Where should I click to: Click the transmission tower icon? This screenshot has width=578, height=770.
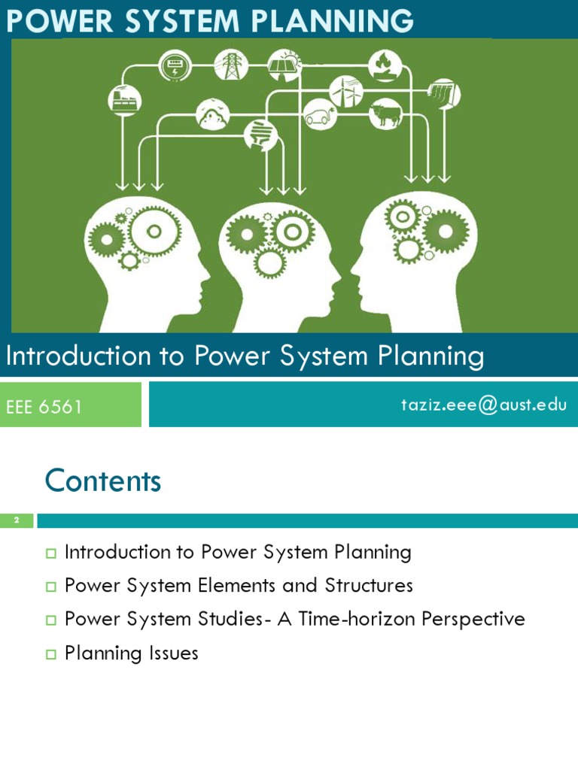click(x=230, y=65)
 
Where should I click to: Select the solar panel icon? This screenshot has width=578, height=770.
click(x=284, y=65)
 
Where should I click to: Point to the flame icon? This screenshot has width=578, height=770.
click(x=385, y=65)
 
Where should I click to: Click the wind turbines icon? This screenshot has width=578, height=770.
click(x=345, y=91)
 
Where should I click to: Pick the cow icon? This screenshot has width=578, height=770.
click(x=386, y=114)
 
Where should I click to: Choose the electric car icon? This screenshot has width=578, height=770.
click(x=321, y=116)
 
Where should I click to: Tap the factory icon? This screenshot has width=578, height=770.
click(x=124, y=99)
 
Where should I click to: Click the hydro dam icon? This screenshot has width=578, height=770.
click(x=443, y=94)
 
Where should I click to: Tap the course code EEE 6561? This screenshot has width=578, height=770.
click(x=44, y=407)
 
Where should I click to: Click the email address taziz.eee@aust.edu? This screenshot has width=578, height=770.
click(x=483, y=405)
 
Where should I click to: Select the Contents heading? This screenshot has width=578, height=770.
click(x=103, y=480)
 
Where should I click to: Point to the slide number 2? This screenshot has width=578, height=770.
click(x=16, y=520)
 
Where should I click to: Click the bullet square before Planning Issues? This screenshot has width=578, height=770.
click(x=51, y=654)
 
